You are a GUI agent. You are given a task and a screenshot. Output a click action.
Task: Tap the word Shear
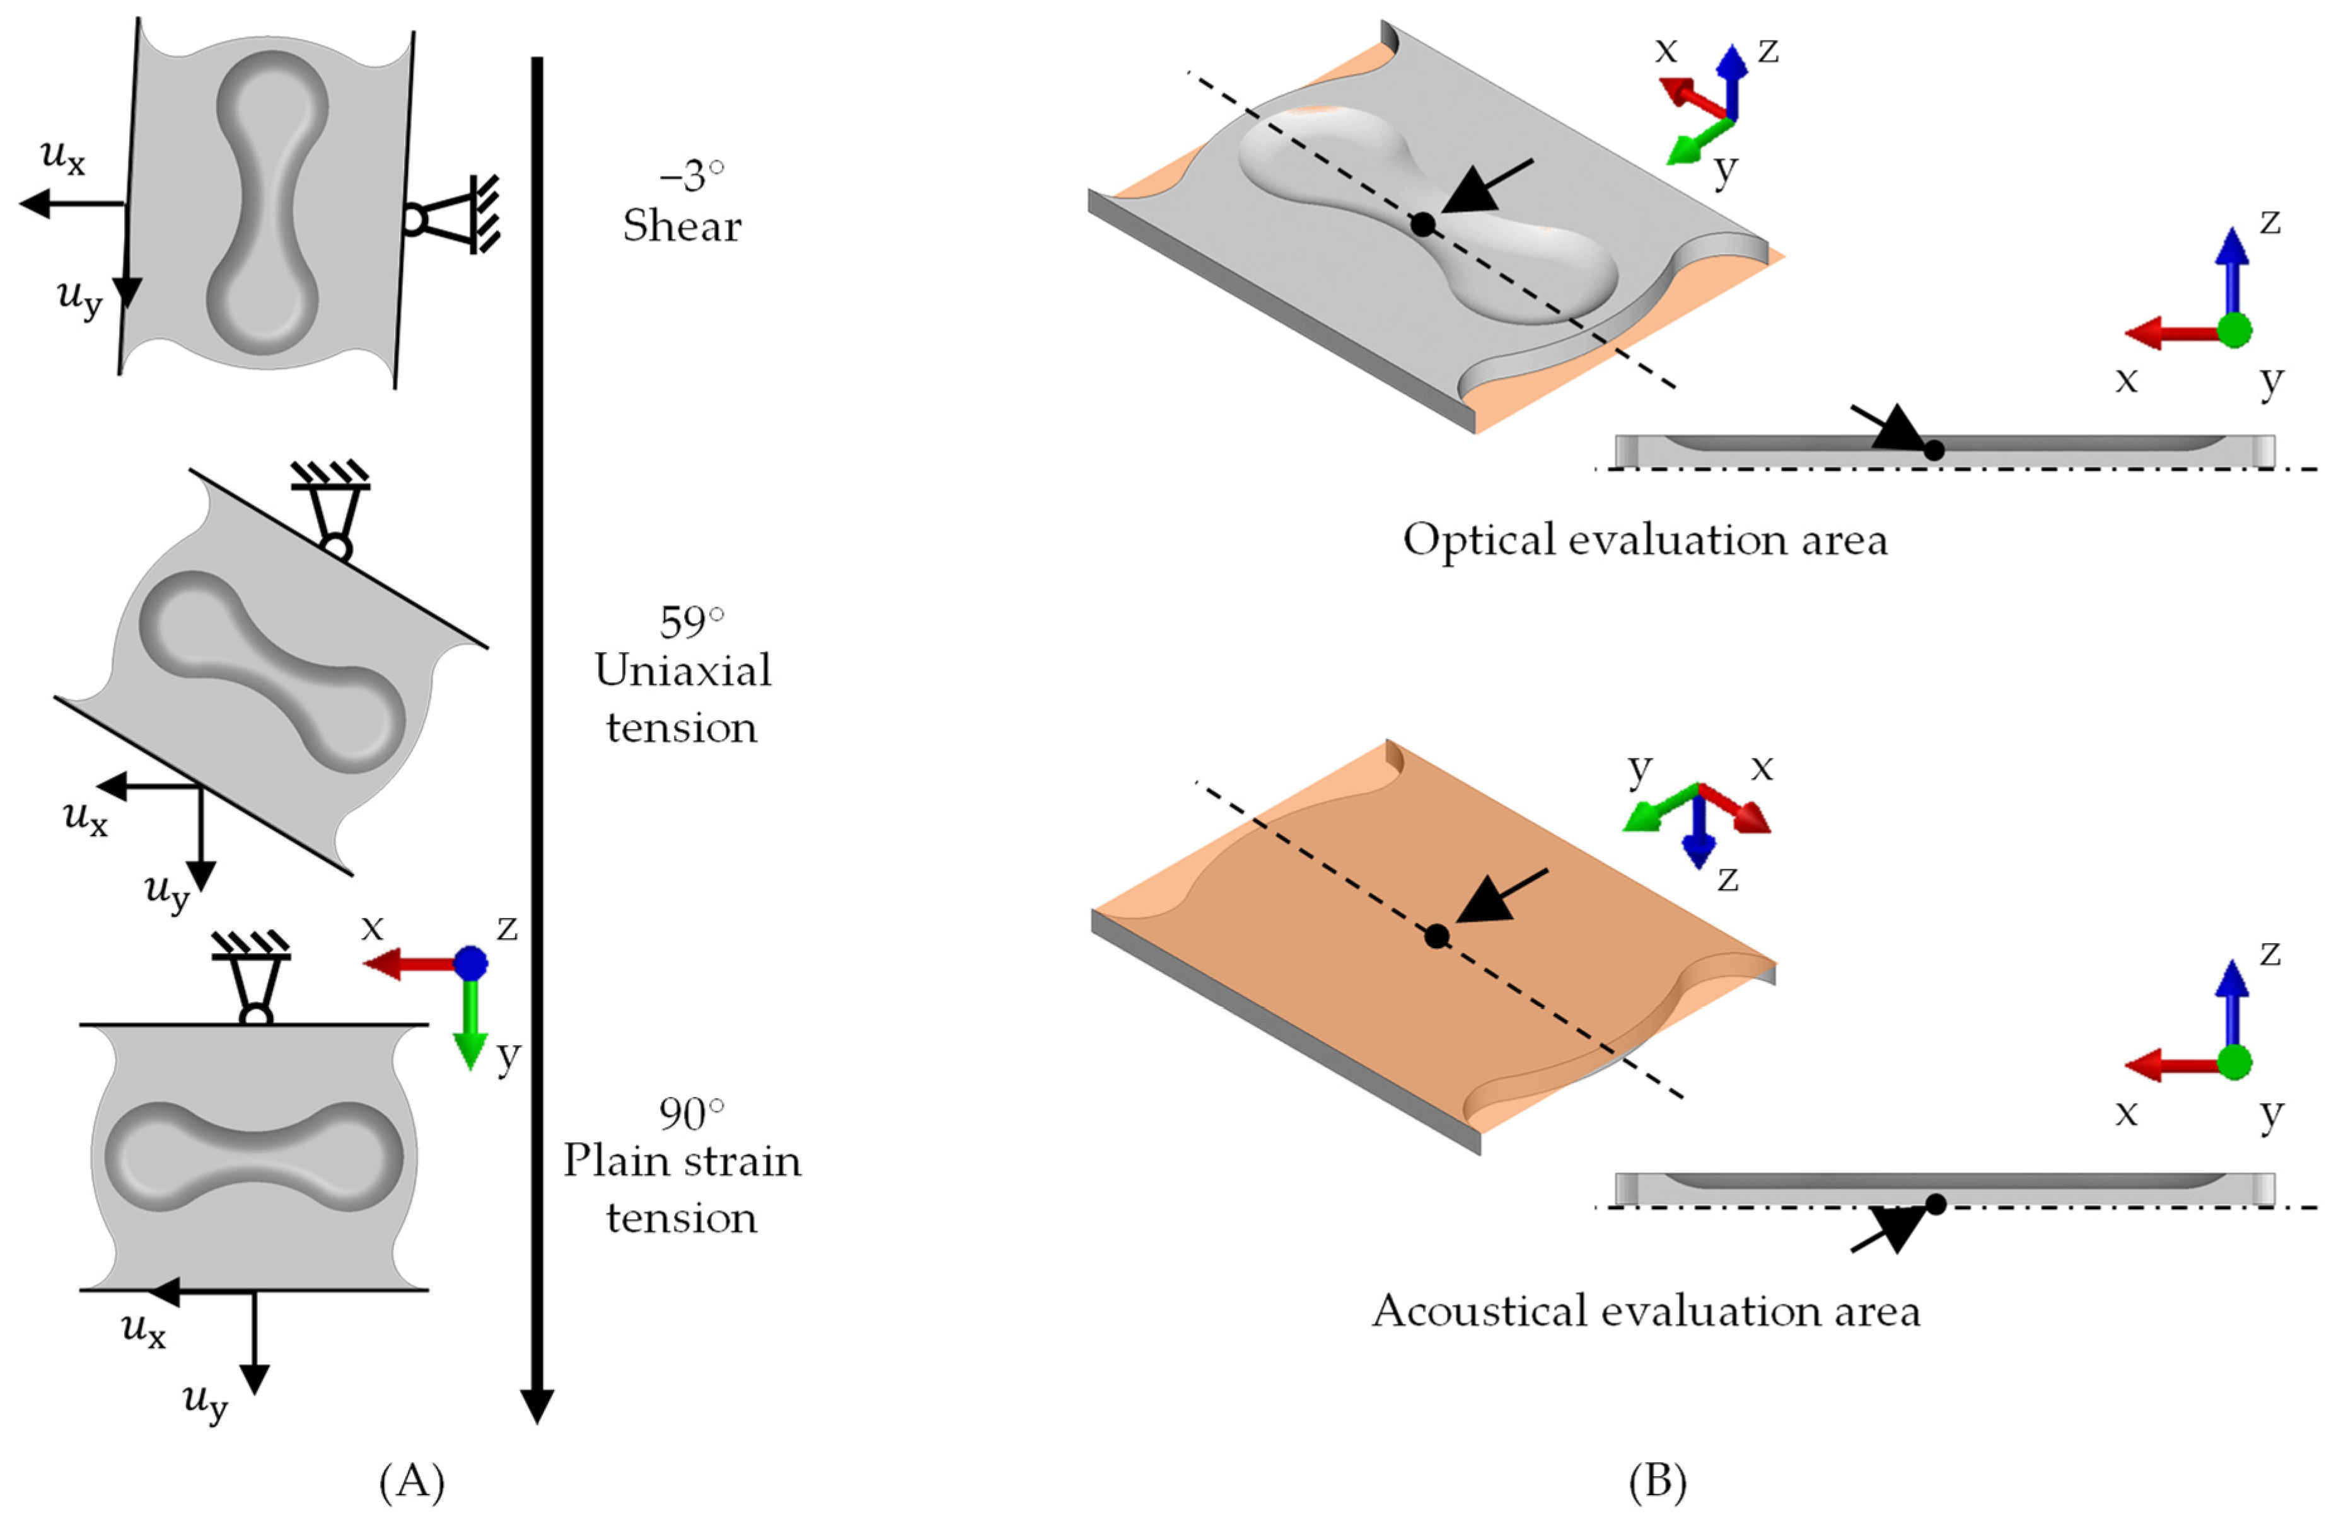point(682,226)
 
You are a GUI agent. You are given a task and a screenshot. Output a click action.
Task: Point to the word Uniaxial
point(683,672)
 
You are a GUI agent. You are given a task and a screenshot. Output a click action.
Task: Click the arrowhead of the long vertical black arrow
point(537,1407)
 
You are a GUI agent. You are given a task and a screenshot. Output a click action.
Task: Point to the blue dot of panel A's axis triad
point(471,963)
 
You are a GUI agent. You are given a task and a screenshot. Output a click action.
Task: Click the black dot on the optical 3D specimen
point(1422,224)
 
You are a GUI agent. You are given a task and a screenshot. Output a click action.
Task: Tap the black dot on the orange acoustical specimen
point(1436,936)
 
